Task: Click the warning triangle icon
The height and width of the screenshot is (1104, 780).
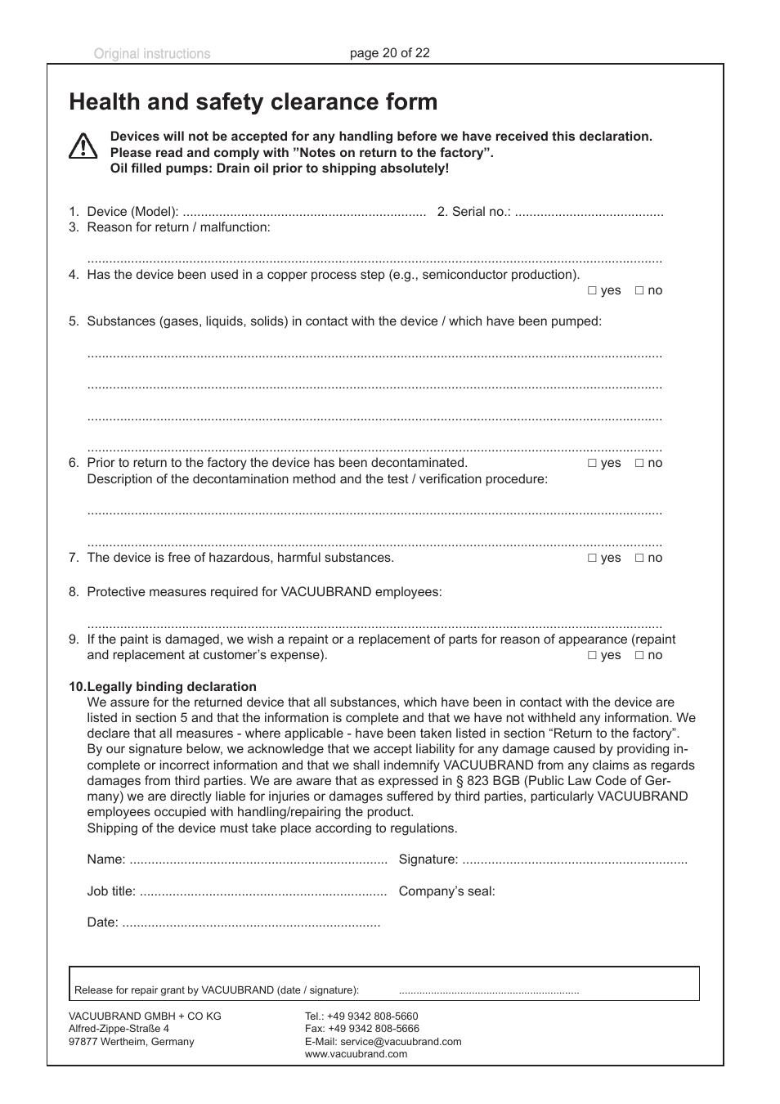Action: click(x=83, y=146)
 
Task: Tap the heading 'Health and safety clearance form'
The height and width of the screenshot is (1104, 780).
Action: click(x=253, y=102)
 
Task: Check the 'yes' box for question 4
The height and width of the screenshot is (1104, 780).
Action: click(x=592, y=291)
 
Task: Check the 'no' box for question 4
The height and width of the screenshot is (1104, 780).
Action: click(x=639, y=291)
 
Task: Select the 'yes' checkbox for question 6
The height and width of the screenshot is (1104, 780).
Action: click(x=592, y=464)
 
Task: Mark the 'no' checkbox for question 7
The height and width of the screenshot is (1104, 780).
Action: click(x=639, y=559)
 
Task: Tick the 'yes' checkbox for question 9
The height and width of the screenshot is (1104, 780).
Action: click(x=592, y=656)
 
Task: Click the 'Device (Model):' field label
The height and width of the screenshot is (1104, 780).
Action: click(x=132, y=212)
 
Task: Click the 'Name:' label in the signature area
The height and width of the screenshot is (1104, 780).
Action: click(x=106, y=859)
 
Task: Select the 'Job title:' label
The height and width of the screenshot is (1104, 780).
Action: click(x=111, y=891)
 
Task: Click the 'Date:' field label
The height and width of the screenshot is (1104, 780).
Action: click(x=103, y=922)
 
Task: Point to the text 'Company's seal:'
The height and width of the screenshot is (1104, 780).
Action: click(x=446, y=891)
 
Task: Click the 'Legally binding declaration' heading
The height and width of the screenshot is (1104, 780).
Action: click(x=172, y=687)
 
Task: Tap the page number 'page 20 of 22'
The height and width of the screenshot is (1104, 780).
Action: click(x=390, y=53)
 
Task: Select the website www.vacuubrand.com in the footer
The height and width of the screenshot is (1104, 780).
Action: click(x=356, y=1054)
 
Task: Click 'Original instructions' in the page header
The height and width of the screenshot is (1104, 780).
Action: click(x=152, y=54)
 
